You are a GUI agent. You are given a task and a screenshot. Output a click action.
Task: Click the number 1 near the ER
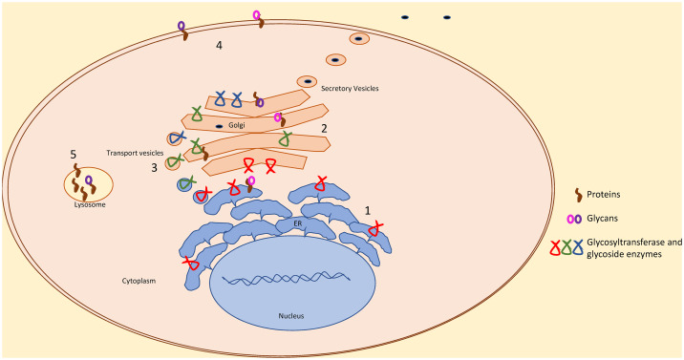point(367,211)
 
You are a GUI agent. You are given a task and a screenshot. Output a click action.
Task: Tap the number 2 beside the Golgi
point(324,129)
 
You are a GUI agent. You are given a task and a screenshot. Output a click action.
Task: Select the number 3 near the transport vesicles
point(154,168)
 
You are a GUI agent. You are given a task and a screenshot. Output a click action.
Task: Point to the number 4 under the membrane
point(219,45)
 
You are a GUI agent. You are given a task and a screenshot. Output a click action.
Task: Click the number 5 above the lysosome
point(74,155)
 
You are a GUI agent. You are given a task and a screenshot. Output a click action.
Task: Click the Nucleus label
point(291,315)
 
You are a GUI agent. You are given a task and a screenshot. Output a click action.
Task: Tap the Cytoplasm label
point(139,281)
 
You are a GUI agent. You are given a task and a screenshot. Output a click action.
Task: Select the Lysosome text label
point(90,204)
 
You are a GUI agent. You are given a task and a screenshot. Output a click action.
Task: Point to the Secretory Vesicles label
point(350,89)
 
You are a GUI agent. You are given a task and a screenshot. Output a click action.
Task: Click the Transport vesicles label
point(135,153)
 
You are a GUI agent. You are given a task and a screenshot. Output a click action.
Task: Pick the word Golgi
point(237,125)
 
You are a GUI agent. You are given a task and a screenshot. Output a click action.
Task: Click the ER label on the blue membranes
point(297,223)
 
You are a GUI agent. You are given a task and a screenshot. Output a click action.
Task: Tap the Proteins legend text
point(604,195)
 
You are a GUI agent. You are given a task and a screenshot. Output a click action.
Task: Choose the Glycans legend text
point(603,219)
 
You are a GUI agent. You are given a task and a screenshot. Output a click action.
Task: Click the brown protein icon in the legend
point(578,195)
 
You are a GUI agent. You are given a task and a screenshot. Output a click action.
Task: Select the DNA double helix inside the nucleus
point(287,278)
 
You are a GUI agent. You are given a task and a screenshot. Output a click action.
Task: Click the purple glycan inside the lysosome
point(89,180)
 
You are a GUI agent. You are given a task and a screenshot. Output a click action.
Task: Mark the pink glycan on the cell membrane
point(256,15)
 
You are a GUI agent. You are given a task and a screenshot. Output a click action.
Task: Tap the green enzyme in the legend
point(566,247)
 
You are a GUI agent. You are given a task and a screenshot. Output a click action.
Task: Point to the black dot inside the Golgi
point(219,126)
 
